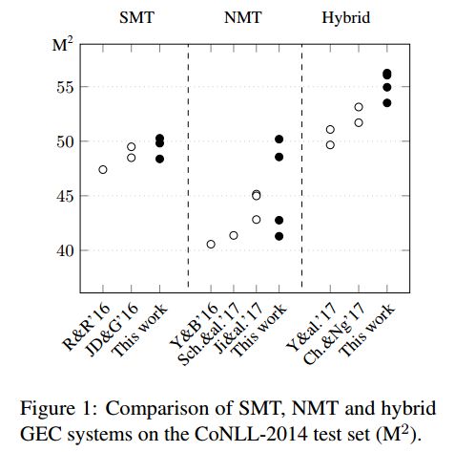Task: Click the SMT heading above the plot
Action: point(136,17)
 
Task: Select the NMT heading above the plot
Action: point(242,17)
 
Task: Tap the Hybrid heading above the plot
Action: point(346,18)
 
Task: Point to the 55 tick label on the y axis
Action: point(65,87)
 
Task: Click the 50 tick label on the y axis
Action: point(65,141)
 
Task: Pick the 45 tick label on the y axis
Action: point(65,196)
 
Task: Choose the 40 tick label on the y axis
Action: point(65,250)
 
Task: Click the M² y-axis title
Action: point(62,44)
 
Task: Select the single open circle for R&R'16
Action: point(103,169)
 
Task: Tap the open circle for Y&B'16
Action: point(211,245)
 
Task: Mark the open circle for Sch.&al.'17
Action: point(234,235)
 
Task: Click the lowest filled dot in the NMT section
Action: point(279,236)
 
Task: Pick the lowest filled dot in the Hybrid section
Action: point(386,103)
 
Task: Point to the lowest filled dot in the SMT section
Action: point(159,159)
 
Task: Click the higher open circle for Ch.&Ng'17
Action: point(359,107)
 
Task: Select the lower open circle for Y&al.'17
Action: point(330,145)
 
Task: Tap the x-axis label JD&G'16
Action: point(113,330)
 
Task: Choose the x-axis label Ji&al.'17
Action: point(238,328)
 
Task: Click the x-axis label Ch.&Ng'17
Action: point(334,334)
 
